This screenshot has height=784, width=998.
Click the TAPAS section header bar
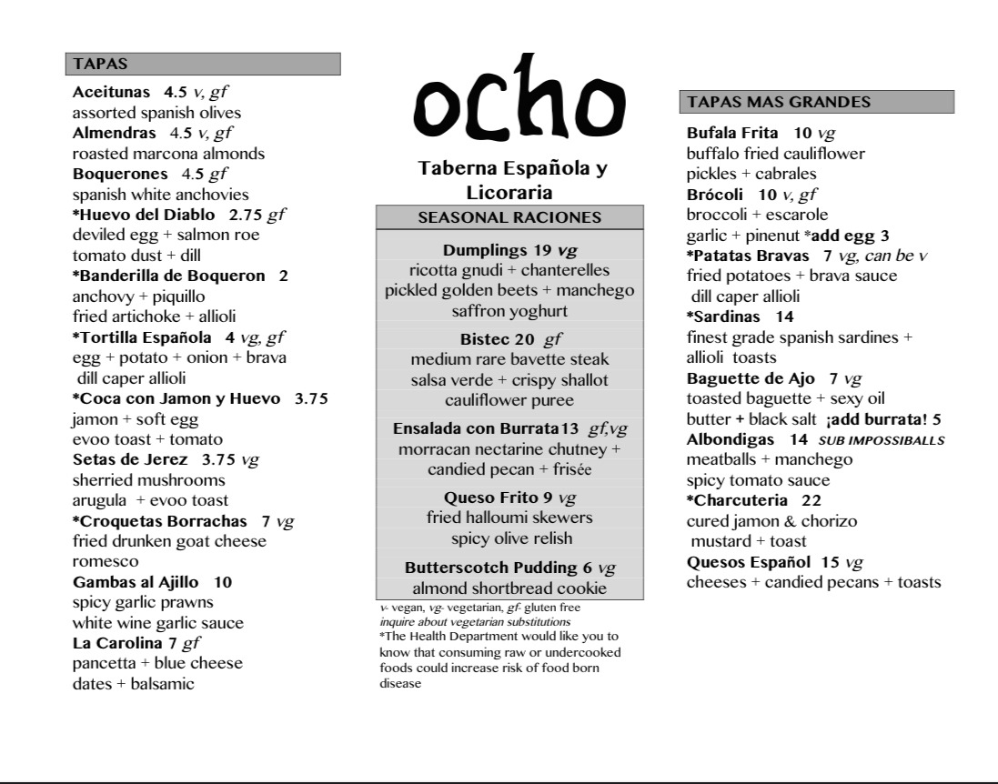pyautogui.click(x=203, y=64)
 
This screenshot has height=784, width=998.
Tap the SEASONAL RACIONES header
pyautogui.click(x=509, y=217)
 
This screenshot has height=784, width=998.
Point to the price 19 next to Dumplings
pyautogui.click(x=542, y=250)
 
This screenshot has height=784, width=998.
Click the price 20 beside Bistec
pyautogui.click(x=525, y=339)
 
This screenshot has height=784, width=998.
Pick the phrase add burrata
pyautogui.click(x=878, y=419)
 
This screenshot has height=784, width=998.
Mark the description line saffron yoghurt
pyautogui.click(x=509, y=311)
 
